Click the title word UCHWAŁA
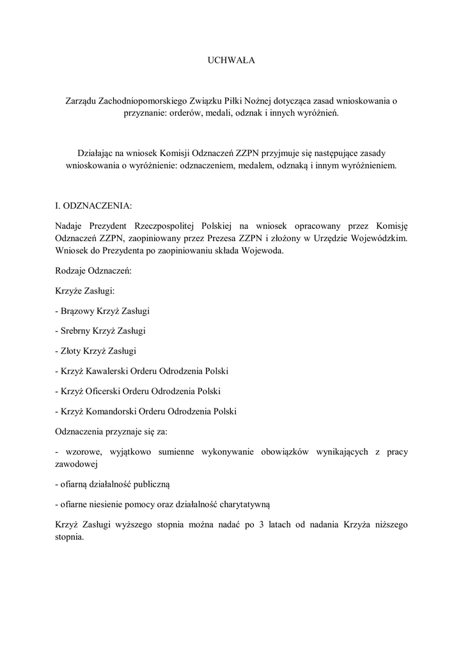point(231,61)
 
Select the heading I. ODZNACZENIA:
point(94,207)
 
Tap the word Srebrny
point(77,331)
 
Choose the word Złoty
point(73,351)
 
